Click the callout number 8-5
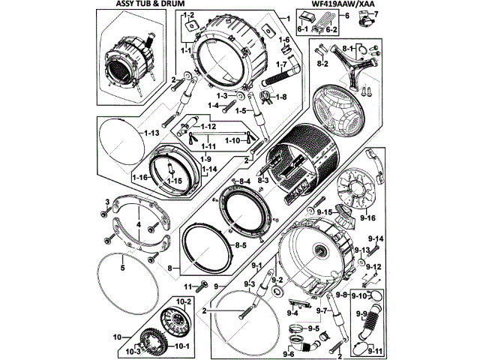coord(239,245)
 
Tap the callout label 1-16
coord(139,177)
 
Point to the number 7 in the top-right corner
coord(376,14)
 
